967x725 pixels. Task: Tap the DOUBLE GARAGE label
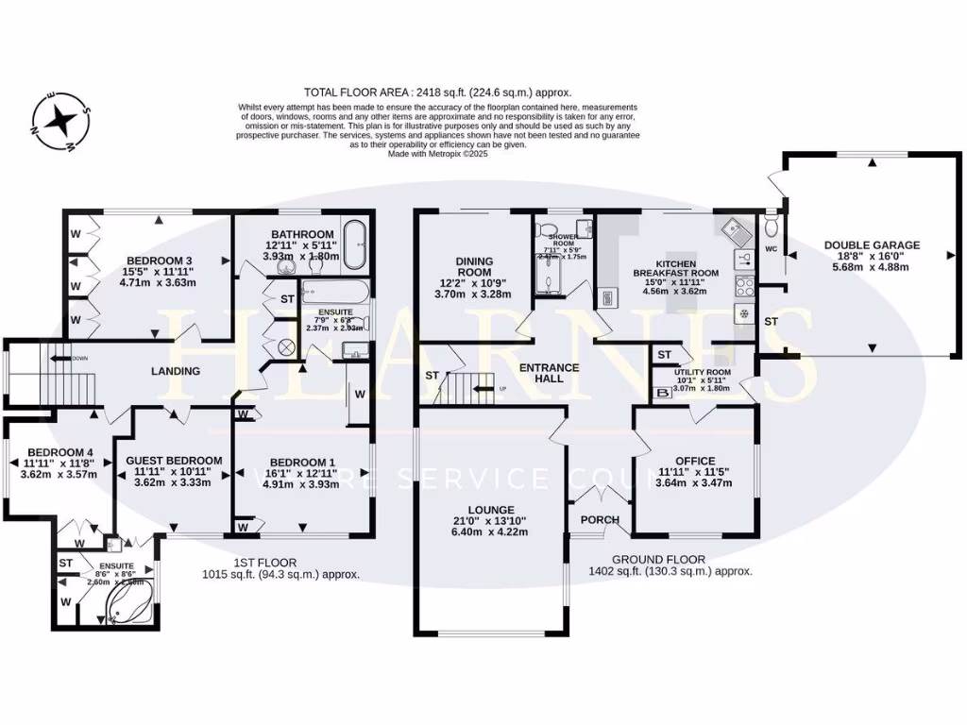tap(872, 245)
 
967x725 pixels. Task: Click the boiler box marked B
tap(662, 392)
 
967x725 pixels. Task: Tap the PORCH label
tap(600, 520)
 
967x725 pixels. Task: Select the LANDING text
tap(176, 371)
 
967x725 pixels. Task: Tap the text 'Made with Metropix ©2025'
tap(438, 154)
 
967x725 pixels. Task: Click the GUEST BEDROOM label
tap(174, 461)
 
